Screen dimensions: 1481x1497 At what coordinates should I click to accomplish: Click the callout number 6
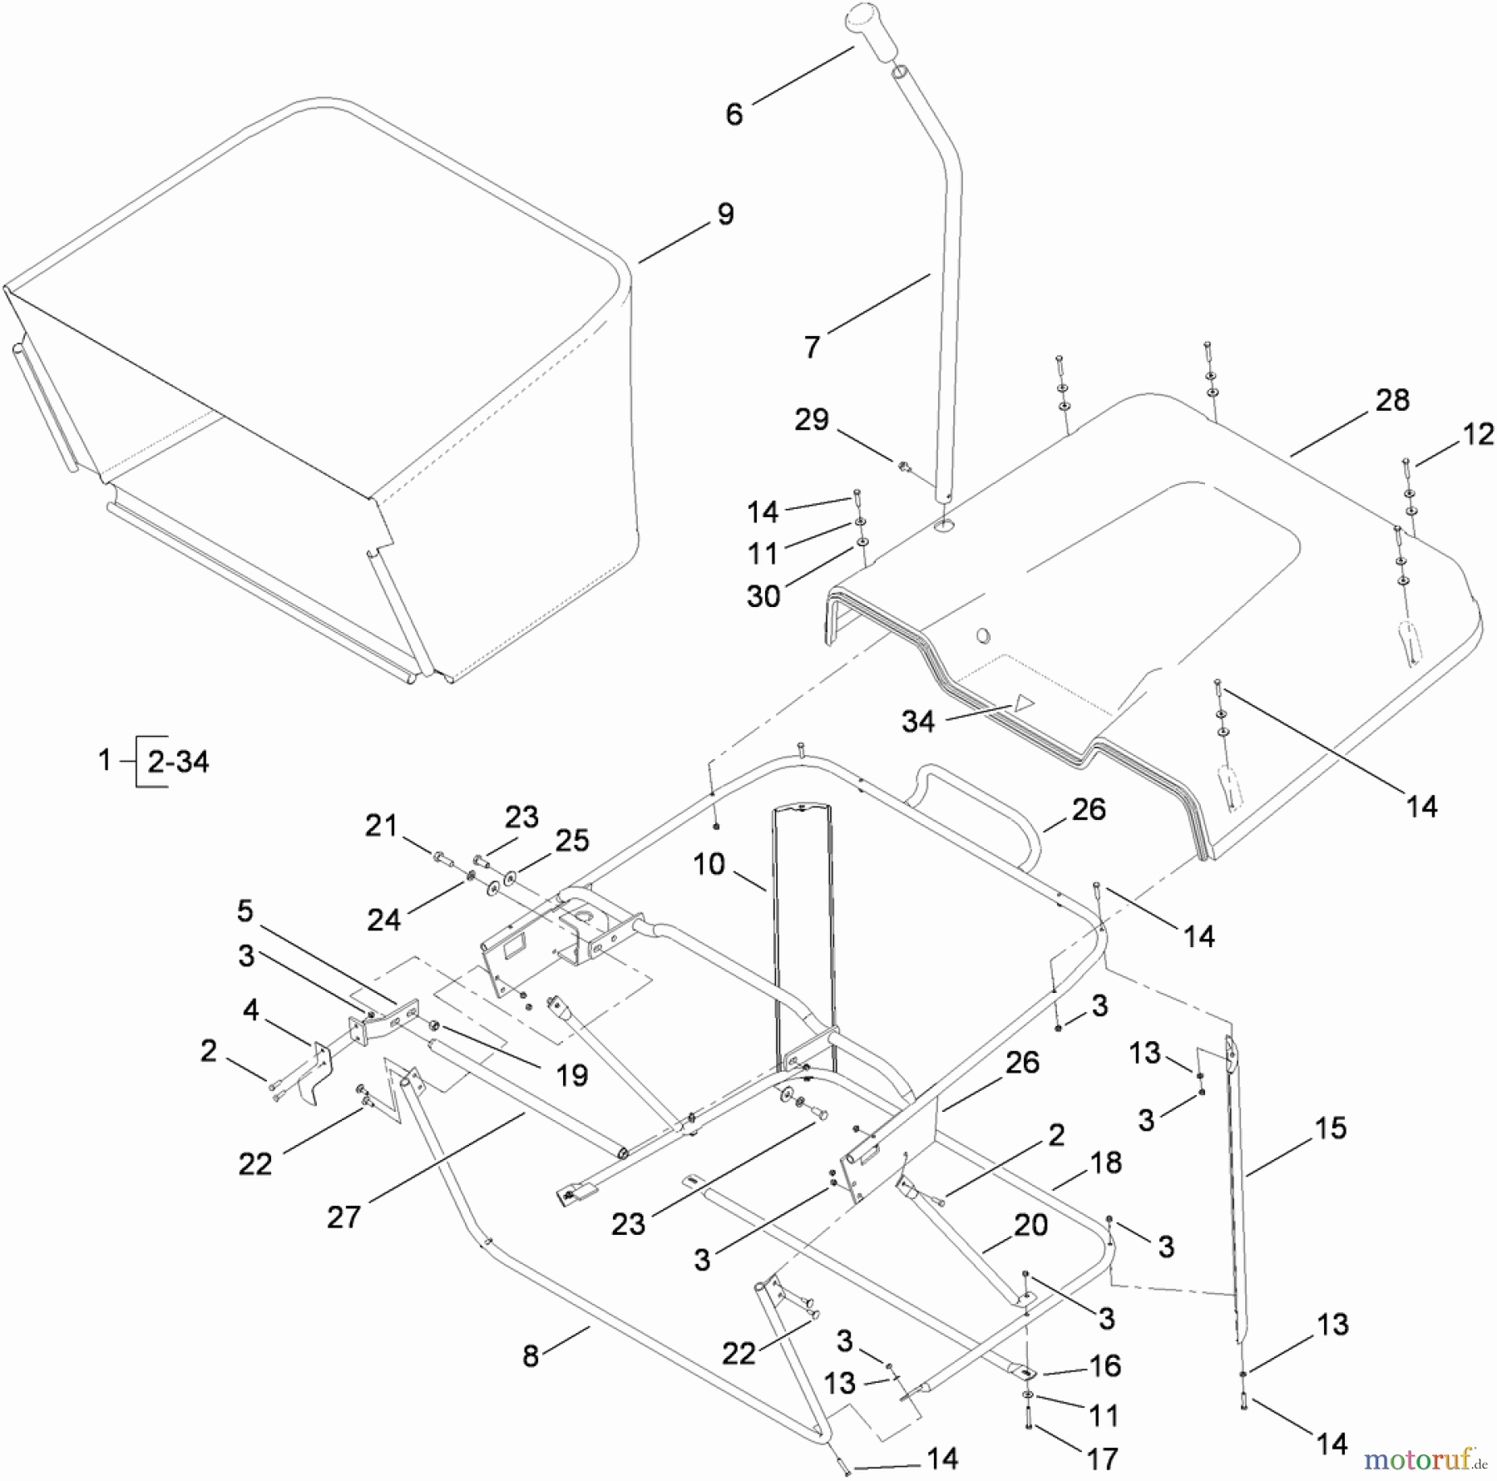pos(734,114)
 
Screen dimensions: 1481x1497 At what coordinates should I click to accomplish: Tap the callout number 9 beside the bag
pos(725,214)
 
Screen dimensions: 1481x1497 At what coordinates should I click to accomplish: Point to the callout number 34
pos(918,721)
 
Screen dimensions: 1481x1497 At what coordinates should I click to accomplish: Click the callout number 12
pos(1478,433)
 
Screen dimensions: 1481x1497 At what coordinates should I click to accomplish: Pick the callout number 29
pos(811,419)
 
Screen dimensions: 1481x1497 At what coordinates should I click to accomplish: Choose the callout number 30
pos(763,595)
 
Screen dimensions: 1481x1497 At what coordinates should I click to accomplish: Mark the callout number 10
pos(709,865)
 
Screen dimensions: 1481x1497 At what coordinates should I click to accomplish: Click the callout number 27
pos(343,1217)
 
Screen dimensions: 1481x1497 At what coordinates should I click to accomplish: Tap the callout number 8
pos(531,1356)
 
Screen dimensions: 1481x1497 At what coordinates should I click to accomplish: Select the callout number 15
pos(1330,1128)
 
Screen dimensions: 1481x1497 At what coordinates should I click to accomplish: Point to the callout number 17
pos(1101,1458)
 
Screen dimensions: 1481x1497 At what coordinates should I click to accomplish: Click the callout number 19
pos(571,1075)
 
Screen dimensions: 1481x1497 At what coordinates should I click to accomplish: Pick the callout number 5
pos(245,911)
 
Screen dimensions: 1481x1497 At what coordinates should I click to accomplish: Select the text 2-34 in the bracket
pos(178,761)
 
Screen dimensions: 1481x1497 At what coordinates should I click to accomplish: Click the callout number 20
pos(1030,1225)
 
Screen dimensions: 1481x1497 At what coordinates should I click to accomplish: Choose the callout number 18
pos(1105,1163)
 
